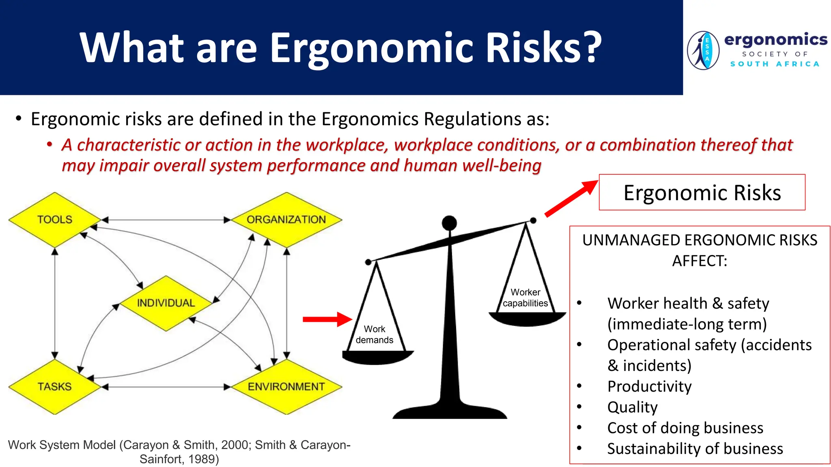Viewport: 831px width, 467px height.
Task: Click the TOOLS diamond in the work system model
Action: pyautogui.click(x=54, y=220)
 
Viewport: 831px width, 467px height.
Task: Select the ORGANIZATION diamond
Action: pyautogui.click(x=286, y=220)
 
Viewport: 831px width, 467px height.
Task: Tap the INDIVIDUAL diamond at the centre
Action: pyautogui.click(x=166, y=303)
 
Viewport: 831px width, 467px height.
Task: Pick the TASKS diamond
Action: pyautogui.click(x=54, y=387)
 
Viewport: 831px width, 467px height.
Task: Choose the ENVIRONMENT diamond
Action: pyautogui.click(x=286, y=387)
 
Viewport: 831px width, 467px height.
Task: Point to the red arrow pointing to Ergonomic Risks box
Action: pyautogui.click(x=571, y=199)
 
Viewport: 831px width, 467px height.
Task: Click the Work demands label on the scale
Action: pyautogui.click(x=375, y=334)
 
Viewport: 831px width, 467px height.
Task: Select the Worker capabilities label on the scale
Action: pyautogui.click(x=525, y=298)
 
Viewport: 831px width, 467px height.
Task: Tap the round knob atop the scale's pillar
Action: pyautogui.click(x=449, y=223)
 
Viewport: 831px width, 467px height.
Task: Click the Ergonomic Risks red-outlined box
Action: pyautogui.click(x=702, y=193)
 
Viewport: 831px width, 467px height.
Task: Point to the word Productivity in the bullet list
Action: pyautogui.click(x=649, y=387)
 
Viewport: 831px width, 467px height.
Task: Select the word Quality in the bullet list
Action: pyautogui.click(x=632, y=407)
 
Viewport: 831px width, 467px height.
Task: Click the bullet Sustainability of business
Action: pyautogui.click(x=695, y=449)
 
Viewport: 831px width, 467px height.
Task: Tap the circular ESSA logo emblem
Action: pyautogui.click(x=703, y=51)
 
